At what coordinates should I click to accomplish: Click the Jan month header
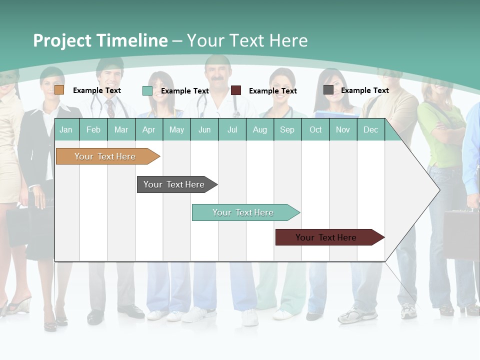[x=66, y=129]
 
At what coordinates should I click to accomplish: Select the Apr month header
[x=148, y=129]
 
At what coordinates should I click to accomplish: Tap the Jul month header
[x=232, y=129]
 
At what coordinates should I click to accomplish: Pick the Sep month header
[x=287, y=129]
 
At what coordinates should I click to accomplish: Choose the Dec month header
[x=370, y=129]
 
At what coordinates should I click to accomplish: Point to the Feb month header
[x=93, y=129]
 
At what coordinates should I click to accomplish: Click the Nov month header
[x=342, y=129]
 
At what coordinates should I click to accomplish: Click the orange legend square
[x=59, y=90]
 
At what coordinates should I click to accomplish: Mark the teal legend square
[x=147, y=90]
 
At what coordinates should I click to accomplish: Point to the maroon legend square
[x=236, y=90]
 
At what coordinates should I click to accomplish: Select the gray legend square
[x=328, y=90]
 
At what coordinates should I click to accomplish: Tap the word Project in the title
[x=62, y=40]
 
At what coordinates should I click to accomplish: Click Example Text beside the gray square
[x=364, y=90]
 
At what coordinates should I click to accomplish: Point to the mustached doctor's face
[x=218, y=72]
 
